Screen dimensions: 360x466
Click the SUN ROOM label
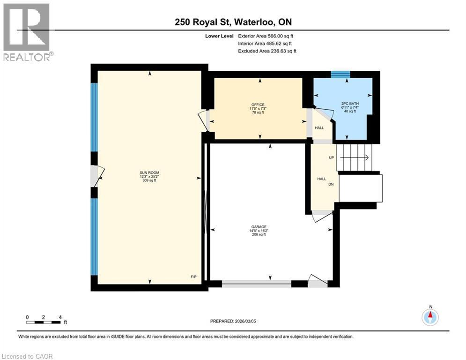point(149,172)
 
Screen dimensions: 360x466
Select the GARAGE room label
point(259,230)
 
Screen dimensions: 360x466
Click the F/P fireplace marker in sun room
point(193,277)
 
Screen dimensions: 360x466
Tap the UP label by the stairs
point(331,157)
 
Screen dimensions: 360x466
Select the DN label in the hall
point(331,184)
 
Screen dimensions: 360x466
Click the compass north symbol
point(430,317)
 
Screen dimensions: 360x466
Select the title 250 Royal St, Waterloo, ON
point(233,22)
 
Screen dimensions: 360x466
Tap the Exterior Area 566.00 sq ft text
point(266,36)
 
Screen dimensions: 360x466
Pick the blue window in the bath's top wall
point(340,74)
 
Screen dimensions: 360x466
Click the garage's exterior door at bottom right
point(318,281)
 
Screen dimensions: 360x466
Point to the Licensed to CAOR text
point(27,356)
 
